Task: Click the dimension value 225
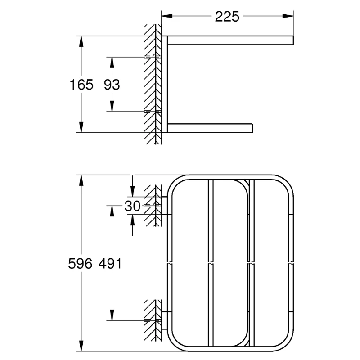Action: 227,17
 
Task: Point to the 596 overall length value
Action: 81,264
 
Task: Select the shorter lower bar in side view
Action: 210,128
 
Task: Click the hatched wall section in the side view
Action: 150,85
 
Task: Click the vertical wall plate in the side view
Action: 166,85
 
